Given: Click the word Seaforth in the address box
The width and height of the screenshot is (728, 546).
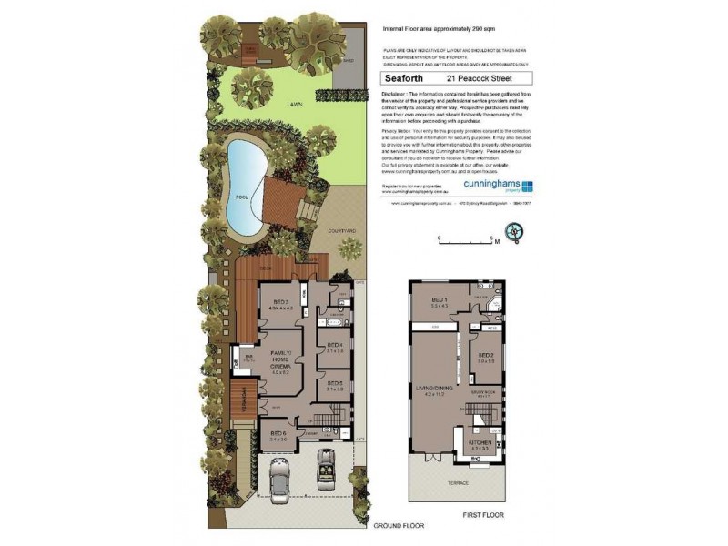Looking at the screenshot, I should [x=400, y=78].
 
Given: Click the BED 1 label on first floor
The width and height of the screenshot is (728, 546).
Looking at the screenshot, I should [x=439, y=301].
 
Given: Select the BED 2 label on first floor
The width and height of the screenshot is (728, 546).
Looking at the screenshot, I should [x=485, y=356].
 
